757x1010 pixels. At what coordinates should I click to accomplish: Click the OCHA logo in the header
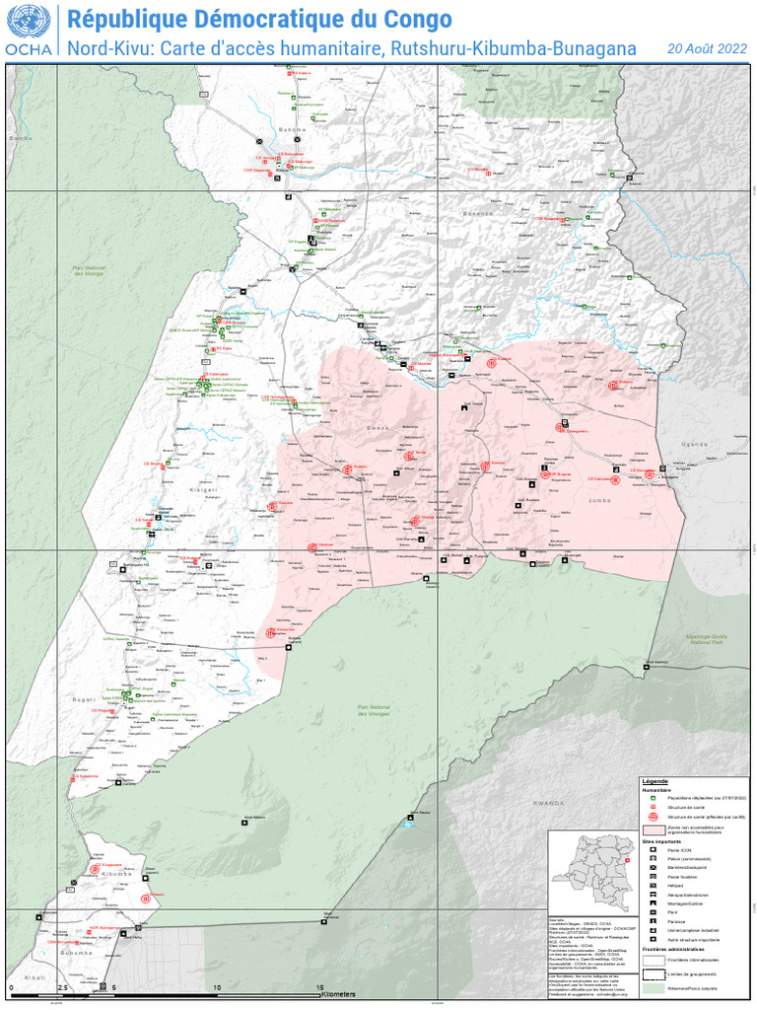point(30,32)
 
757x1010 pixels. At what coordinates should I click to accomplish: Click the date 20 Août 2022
point(707,47)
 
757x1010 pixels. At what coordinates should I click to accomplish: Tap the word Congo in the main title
point(417,19)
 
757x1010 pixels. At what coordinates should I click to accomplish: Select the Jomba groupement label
point(597,500)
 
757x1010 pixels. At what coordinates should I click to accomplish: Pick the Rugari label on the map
point(84,698)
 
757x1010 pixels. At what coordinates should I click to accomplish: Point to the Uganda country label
point(696,444)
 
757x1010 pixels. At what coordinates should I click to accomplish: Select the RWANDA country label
point(544,803)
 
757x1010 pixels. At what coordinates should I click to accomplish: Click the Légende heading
point(655,781)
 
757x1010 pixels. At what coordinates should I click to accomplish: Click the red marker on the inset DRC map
point(626,860)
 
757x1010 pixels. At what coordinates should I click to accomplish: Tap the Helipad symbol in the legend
point(652,886)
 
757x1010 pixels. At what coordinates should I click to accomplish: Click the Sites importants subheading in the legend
point(661,840)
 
